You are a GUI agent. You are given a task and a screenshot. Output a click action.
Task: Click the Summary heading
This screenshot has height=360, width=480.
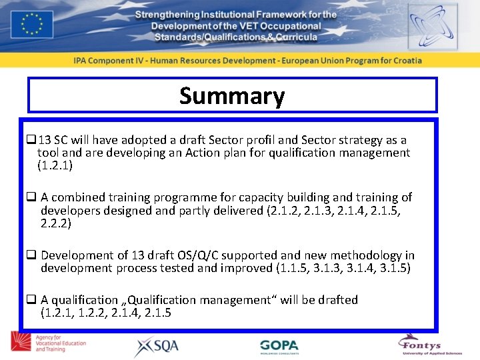pyautogui.click(x=232, y=96)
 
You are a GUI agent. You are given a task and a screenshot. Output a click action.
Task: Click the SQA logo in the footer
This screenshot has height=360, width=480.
pyautogui.click(x=158, y=346)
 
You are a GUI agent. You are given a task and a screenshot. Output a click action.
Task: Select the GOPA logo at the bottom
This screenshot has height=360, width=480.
pyautogui.click(x=279, y=346)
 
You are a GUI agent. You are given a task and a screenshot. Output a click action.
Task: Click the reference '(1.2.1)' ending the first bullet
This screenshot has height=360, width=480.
pyautogui.click(x=55, y=165)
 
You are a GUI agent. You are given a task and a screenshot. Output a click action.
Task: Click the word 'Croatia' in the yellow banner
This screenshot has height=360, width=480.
pyautogui.click(x=404, y=60)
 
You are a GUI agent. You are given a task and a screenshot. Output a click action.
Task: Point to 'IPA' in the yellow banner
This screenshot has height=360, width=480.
pyautogui.click(x=81, y=60)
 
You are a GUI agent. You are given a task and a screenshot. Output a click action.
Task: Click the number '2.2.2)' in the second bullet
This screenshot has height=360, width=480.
pyautogui.click(x=56, y=223)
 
